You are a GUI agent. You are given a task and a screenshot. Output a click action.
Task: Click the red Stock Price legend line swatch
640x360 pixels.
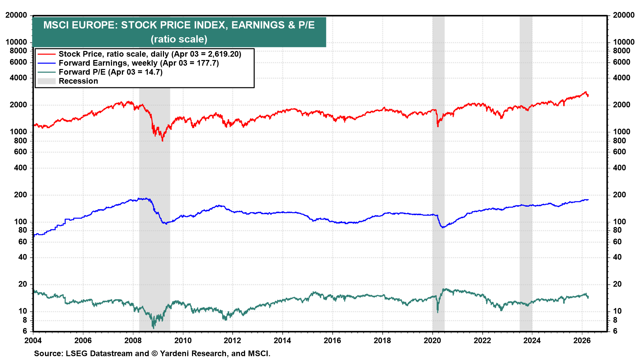pyautogui.click(x=46, y=54)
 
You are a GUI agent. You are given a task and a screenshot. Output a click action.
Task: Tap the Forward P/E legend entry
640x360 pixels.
pyautogui.click(x=110, y=72)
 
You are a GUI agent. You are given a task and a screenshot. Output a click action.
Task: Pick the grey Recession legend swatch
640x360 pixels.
pyautogui.click(x=46, y=81)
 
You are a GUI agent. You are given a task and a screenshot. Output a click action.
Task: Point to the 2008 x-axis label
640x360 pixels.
pyautogui.click(x=133, y=340)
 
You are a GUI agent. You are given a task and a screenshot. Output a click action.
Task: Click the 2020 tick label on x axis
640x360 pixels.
pyautogui.click(x=432, y=340)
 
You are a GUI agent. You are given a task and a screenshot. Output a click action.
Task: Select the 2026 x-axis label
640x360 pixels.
pyautogui.click(x=582, y=340)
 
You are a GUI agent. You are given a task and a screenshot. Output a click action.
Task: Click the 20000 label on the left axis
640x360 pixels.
pyautogui.click(x=16, y=15)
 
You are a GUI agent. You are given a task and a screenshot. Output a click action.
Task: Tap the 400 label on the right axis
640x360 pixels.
pyautogui.click(x=619, y=168)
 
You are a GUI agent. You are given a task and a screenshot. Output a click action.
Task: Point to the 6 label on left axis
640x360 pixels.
pyautogui.click(x=25, y=331)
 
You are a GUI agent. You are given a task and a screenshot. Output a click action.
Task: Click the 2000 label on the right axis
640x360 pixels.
pyautogui.click(x=622, y=105)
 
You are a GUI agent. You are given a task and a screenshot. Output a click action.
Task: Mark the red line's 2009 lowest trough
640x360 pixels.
pyautogui.click(x=162, y=141)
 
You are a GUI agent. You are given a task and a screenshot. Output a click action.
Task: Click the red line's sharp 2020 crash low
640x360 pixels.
pyautogui.click(x=438, y=126)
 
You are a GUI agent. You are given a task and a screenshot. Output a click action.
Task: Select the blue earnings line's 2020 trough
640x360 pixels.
pyautogui.click(x=443, y=227)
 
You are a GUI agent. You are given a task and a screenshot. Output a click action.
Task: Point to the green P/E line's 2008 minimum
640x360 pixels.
pyautogui.click(x=154, y=328)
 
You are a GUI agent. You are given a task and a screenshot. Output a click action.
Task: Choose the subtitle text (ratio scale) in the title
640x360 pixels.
pyautogui.click(x=179, y=39)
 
